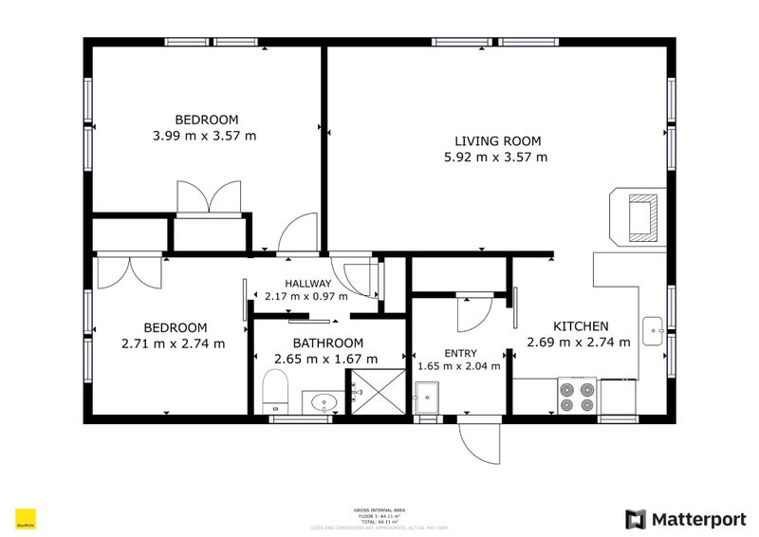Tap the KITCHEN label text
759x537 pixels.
581,325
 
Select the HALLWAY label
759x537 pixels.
308,283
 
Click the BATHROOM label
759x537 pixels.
327,343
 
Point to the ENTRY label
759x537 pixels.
460,353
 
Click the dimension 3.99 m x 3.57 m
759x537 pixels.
206,136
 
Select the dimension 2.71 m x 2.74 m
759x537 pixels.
174,343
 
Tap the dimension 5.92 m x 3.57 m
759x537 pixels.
495,157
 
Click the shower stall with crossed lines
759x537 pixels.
378,391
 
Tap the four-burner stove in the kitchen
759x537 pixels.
576,396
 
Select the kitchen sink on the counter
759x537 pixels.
654,331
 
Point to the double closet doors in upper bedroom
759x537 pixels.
207,197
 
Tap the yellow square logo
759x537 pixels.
26,519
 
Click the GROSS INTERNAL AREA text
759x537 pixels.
379,509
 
